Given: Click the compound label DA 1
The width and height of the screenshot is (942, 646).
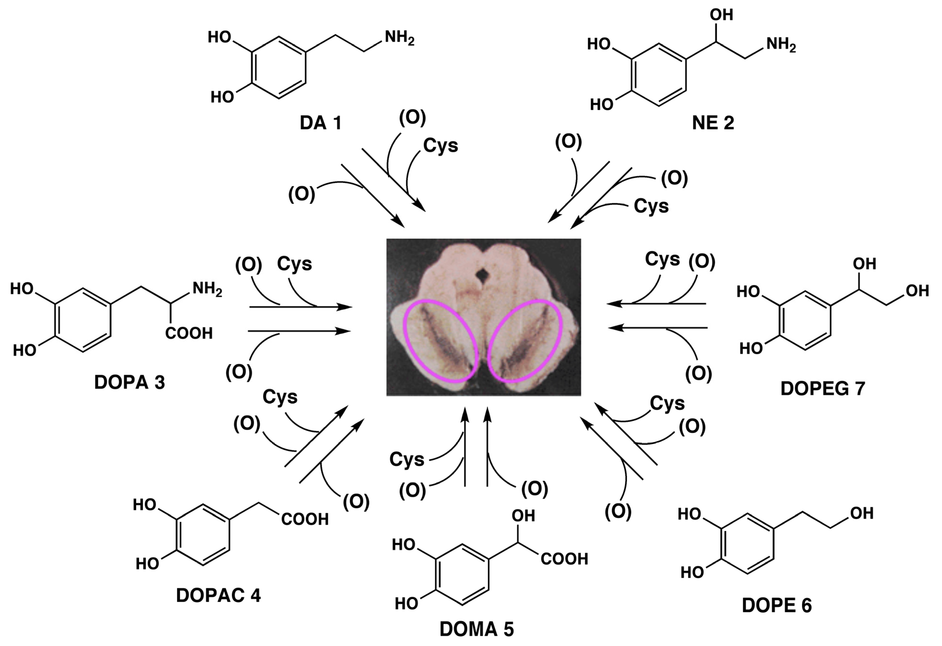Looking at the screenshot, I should (x=320, y=123).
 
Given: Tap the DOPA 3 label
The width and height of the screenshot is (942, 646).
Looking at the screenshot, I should (x=129, y=382).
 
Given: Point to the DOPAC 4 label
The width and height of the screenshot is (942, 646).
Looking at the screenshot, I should (x=218, y=595).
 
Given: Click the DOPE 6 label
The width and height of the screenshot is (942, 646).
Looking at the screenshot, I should (x=777, y=605).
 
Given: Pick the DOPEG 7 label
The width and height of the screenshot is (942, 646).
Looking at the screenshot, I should (x=822, y=389).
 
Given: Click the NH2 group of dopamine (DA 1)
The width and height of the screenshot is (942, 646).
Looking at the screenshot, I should (x=399, y=38).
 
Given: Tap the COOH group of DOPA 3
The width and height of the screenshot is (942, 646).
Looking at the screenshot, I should (x=189, y=333).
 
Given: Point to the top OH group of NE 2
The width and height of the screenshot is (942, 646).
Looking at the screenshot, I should (x=721, y=15).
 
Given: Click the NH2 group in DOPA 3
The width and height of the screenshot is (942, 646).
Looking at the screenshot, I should (x=207, y=289).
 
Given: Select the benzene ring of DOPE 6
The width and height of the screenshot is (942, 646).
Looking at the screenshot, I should (x=748, y=544).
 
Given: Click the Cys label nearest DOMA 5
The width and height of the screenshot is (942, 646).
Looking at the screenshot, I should (x=407, y=460).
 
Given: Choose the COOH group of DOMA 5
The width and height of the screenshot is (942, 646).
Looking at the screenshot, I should (x=564, y=559).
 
